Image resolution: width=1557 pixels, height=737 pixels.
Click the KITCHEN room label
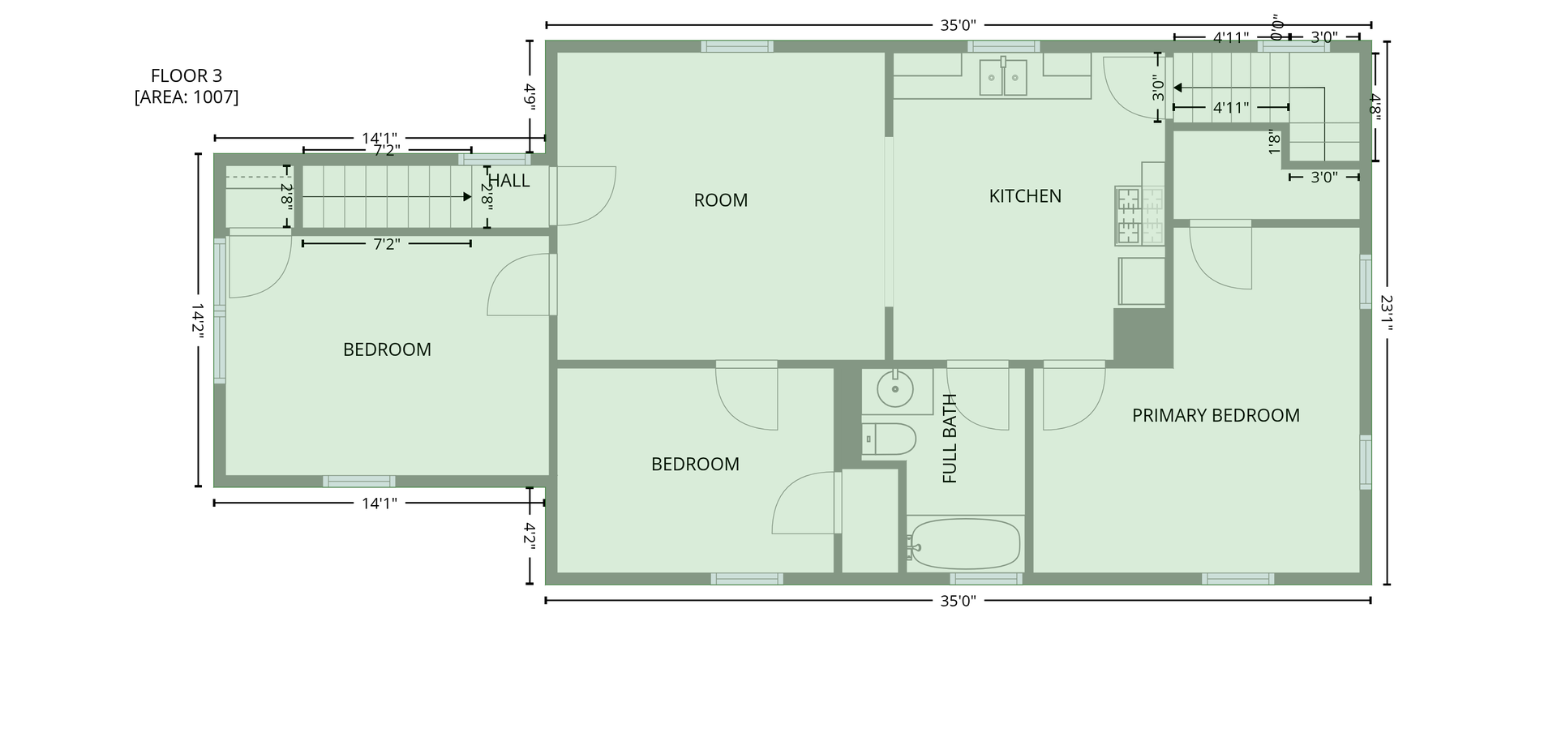pyautogui.click(x=1025, y=196)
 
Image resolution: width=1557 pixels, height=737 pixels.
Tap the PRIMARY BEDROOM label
pyautogui.click(x=1216, y=416)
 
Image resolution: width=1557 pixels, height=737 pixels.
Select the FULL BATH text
pyautogui.click(x=950, y=439)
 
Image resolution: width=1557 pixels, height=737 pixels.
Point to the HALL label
pyautogui.click(x=509, y=181)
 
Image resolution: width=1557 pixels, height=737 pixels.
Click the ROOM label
pyautogui.click(x=721, y=200)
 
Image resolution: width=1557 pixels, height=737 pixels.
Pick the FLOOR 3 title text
pyautogui.click(x=187, y=76)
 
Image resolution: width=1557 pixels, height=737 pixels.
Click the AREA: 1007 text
pyautogui.click(x=187, y=97)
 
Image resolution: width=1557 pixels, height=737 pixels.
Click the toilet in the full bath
pyautogui.click(x=889, y=439)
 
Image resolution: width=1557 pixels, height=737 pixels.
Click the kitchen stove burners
pyautogui.click(x=1140, y=216)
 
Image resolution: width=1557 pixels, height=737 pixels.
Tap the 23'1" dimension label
pyautogui.click(x=1387, y=313)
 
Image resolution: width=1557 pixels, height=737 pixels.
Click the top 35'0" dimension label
pyautogui.click(x=959, y=25)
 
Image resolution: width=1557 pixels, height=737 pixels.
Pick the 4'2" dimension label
pyautogui.click(x=530, y=536)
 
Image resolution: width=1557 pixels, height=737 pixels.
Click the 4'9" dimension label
pyautogui.click(x=530, y=97)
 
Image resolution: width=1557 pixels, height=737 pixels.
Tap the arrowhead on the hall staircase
pyautogui.click(x=466, y=197)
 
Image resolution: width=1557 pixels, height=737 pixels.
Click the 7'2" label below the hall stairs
pyautogui.click(x=387, y=244)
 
